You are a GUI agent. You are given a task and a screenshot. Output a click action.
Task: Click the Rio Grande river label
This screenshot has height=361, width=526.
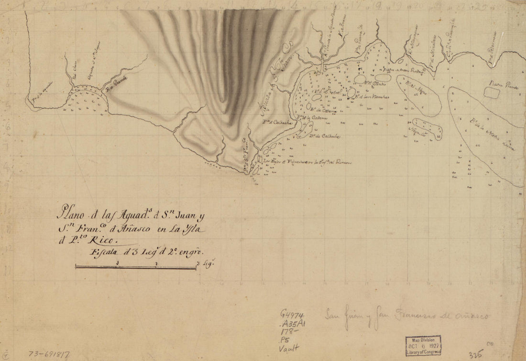point(116,89)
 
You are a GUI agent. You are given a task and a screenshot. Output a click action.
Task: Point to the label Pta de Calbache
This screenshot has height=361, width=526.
point(273,122)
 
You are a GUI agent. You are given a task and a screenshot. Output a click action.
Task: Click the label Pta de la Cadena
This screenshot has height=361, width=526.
point(308,118)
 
